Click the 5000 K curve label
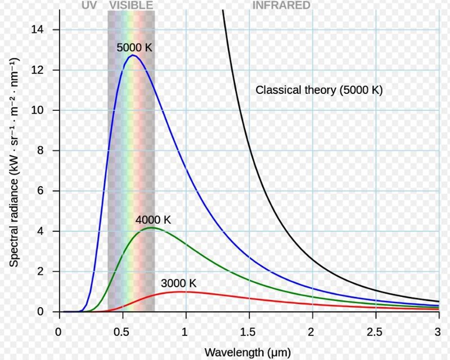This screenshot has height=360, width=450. point(134,48)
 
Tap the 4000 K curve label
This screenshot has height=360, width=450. point(153,220)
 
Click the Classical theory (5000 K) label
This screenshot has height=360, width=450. point(319,89)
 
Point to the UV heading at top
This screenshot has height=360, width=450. point(89,6)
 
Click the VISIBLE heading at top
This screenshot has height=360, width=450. point(130,6)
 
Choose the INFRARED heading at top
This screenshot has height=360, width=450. point(281,6)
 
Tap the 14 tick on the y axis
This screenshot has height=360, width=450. point(48,29)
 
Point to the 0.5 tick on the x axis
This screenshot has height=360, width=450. point(122,330)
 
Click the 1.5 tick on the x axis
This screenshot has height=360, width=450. point(249,330)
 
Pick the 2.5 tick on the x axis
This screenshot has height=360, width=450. point(375,330)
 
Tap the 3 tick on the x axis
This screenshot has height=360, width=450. point(438,330)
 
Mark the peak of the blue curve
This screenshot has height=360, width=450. point(132,55)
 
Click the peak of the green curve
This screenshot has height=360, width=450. point(150,228)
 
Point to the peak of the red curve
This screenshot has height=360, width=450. point(181,291)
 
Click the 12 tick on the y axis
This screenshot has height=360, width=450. point(48,70)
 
